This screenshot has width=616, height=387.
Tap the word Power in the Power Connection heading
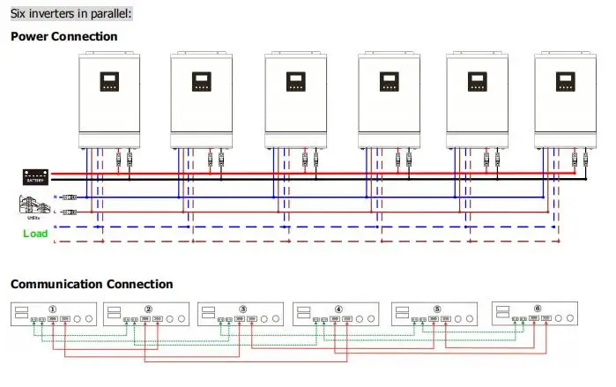(31, 36)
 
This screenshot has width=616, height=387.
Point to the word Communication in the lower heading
(56, 284)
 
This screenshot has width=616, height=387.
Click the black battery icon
(34, 176)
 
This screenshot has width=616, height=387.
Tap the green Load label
(35, 234)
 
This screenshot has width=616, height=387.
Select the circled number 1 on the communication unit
(53, 309)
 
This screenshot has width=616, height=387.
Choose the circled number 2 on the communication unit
(148, 309)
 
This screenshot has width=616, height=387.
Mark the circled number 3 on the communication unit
(242, 309)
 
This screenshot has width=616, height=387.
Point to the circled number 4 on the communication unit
(338, 309)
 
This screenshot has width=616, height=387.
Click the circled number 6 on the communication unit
(538, 309)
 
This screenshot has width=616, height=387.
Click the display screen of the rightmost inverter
(564, 83)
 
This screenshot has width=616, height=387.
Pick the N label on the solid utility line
(57, 197)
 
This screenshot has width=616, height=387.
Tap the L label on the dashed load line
(57, 241)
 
